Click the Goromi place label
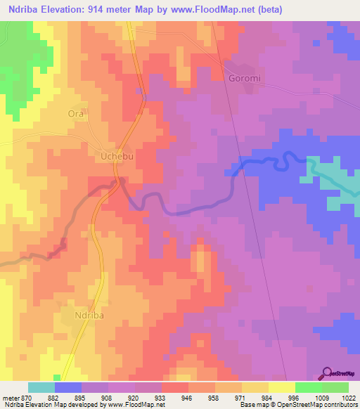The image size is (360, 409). coord(245,78)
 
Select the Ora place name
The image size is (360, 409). coord(75,113)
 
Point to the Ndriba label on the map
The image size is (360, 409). coord(89,317)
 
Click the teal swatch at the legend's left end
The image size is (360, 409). coord(41,387)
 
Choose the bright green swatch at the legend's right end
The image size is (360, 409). coord(335,387)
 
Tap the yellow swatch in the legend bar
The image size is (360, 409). coord(281,387)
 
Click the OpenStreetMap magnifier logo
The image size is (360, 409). coord(326,372)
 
